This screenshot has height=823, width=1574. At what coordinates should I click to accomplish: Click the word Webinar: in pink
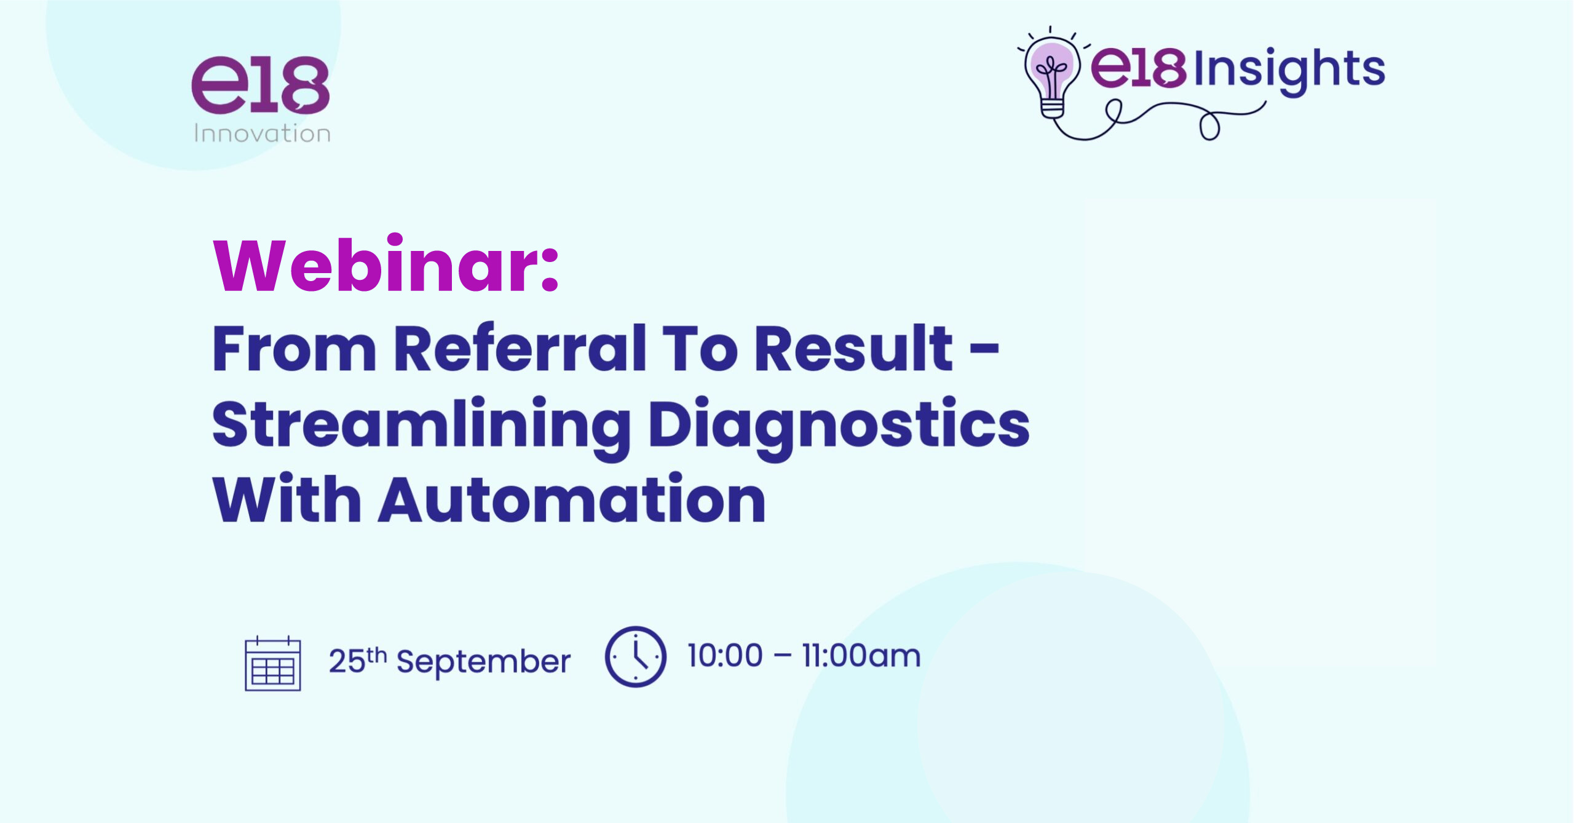click(x=386, y=264)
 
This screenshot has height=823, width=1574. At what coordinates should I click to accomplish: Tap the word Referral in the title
click(x=520, y=348)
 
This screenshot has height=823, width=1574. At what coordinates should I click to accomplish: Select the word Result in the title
click(x=853, y=348)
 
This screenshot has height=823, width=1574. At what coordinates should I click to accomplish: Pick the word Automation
click(x=572, y=499)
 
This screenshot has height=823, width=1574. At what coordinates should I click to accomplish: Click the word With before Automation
click(x=287, y=499)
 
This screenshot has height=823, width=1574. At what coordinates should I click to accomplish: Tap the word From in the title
click(x=294, y=348)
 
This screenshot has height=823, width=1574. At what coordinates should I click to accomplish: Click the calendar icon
click(x=273, y=664)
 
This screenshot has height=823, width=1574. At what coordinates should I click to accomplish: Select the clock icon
click(x=636, y=656)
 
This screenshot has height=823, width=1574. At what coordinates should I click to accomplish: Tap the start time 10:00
click(x=725, y=656)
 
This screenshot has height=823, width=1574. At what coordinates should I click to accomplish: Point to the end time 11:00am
click(x=861, y=656)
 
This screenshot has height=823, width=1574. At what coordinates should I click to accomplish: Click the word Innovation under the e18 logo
click(x=263, y=133)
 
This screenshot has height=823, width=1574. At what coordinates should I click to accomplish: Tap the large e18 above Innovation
click(x=260, y=85)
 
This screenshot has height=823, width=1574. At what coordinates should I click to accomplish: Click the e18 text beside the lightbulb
click(x=1139, y=68)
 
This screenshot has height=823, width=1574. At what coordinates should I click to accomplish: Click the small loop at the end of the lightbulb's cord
click(x=1209, y=127)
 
